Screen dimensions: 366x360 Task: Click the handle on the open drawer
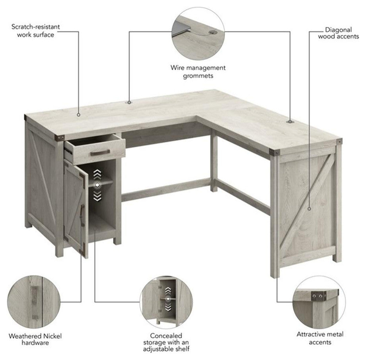click(x=100, y=153)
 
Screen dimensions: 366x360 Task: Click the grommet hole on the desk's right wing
click(x=290, y=121)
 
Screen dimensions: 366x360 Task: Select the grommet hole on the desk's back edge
click(x=129, y=102)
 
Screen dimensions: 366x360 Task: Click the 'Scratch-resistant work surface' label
click(x=35, y=31)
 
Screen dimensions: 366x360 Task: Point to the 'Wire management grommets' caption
click(x=198, y=72)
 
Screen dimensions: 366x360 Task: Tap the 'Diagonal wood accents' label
click(x=339, y=33)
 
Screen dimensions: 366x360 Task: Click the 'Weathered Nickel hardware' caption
click(x=35, y=339)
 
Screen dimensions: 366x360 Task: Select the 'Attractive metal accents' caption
click(x=320, y=338)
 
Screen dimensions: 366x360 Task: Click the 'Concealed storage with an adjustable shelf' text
click(x=166, y=342)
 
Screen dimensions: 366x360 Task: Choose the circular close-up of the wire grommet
click(x=198, y=33)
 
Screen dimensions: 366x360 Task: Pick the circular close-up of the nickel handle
click(x=34, y=302)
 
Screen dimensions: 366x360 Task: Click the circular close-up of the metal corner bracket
click(x=319, y=302)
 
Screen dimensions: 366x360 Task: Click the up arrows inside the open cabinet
click(x=97, y=174)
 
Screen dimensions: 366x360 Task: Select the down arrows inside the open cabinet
click(x=97, y=196)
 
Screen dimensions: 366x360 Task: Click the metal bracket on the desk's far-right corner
click(x=339, y=141)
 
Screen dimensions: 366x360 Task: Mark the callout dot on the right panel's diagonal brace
click(x=309, y=209)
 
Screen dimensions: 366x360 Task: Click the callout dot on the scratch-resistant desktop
click(x=79, y=115)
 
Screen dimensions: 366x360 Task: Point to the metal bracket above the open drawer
click(x=60, y=138)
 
